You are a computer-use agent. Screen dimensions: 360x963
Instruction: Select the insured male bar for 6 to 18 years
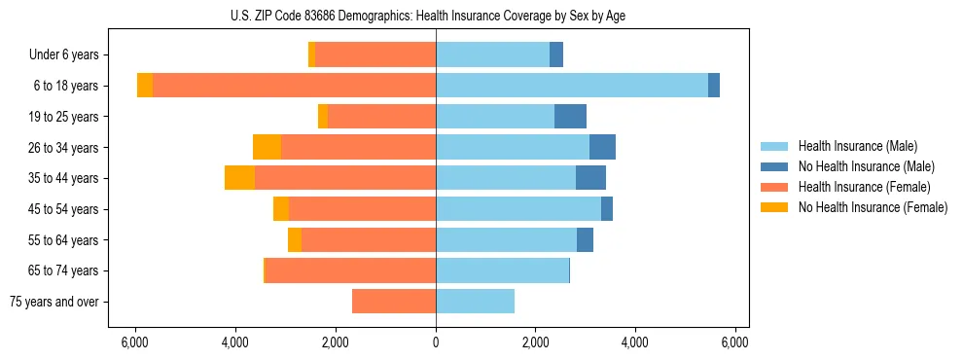(572, 86)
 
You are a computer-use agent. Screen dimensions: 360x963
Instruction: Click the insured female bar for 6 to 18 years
(294, 86)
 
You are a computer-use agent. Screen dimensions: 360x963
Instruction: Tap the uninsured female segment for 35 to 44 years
(239, 178)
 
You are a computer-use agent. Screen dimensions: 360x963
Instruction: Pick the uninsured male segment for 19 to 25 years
(570, 117)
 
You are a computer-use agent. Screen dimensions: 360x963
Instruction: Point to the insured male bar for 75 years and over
(475, 302)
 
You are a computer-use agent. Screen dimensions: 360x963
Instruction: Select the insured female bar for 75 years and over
(394, 302)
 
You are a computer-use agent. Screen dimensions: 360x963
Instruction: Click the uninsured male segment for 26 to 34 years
(602, 147)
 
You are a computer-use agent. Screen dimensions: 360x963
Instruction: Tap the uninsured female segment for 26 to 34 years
(267, 147)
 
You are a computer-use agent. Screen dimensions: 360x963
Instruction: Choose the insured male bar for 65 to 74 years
(502, 270)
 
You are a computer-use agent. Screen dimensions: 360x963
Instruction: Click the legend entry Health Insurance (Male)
(857, 146)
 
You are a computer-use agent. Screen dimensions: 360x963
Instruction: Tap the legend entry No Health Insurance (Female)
(872, 207)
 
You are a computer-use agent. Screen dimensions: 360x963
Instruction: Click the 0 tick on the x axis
(436, 342)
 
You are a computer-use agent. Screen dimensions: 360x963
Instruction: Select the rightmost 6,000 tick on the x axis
(735, 342)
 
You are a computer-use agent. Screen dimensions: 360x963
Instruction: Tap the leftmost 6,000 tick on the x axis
(135, 342)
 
